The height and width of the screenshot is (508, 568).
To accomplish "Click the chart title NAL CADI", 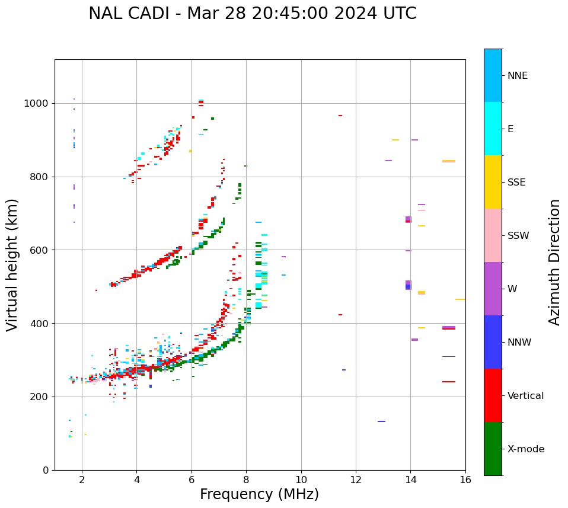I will click(252, 14).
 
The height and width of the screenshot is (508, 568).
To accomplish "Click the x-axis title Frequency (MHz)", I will click(259, 494).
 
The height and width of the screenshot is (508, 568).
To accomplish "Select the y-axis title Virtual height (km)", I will click(12, 265).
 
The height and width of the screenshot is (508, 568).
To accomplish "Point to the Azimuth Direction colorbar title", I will click(554, 262).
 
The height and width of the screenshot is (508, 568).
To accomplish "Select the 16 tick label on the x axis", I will click(465, 480).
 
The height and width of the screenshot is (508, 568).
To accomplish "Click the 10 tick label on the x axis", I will click(301, 480).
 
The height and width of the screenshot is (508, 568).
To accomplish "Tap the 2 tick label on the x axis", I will click(82, 480).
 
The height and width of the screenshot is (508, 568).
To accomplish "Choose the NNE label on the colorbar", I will click(517, 76).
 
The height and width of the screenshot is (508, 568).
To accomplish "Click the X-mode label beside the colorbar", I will click(525, 449).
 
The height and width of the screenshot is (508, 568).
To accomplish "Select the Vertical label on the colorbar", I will click(525, 396).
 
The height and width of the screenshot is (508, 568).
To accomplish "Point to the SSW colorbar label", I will click(518, 236).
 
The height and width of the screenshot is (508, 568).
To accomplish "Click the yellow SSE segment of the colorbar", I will click(493, 182).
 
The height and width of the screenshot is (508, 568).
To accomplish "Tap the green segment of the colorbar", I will click(493, 449).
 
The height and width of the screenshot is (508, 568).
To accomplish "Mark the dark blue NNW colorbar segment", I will click(493, 342).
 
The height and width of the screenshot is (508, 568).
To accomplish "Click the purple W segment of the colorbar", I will click(493, 289).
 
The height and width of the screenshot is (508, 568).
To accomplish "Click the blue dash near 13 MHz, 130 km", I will click(381, 421).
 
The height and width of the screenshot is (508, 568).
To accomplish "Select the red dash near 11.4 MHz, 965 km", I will click(340, 116).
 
